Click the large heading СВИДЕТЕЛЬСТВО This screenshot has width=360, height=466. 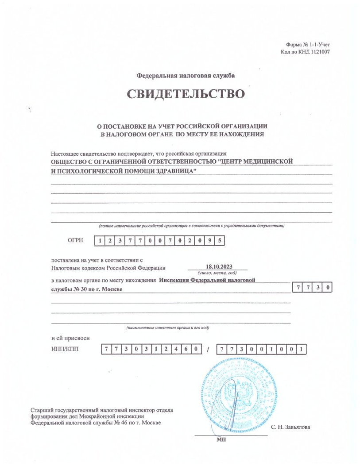[186, 94]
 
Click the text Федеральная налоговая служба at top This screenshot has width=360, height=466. [186, 75]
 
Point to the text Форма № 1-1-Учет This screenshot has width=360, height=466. [308, 45]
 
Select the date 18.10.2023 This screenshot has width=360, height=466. [219, 266]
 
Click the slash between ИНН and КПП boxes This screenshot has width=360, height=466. [208, 349]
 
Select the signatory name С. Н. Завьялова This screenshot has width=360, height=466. [290, 427]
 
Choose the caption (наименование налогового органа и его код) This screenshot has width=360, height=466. [167, 328]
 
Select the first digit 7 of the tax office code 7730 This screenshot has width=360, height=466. [299, 288]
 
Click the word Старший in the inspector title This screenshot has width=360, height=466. [41, 410]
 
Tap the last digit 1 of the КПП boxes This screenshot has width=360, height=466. [301, 349]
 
